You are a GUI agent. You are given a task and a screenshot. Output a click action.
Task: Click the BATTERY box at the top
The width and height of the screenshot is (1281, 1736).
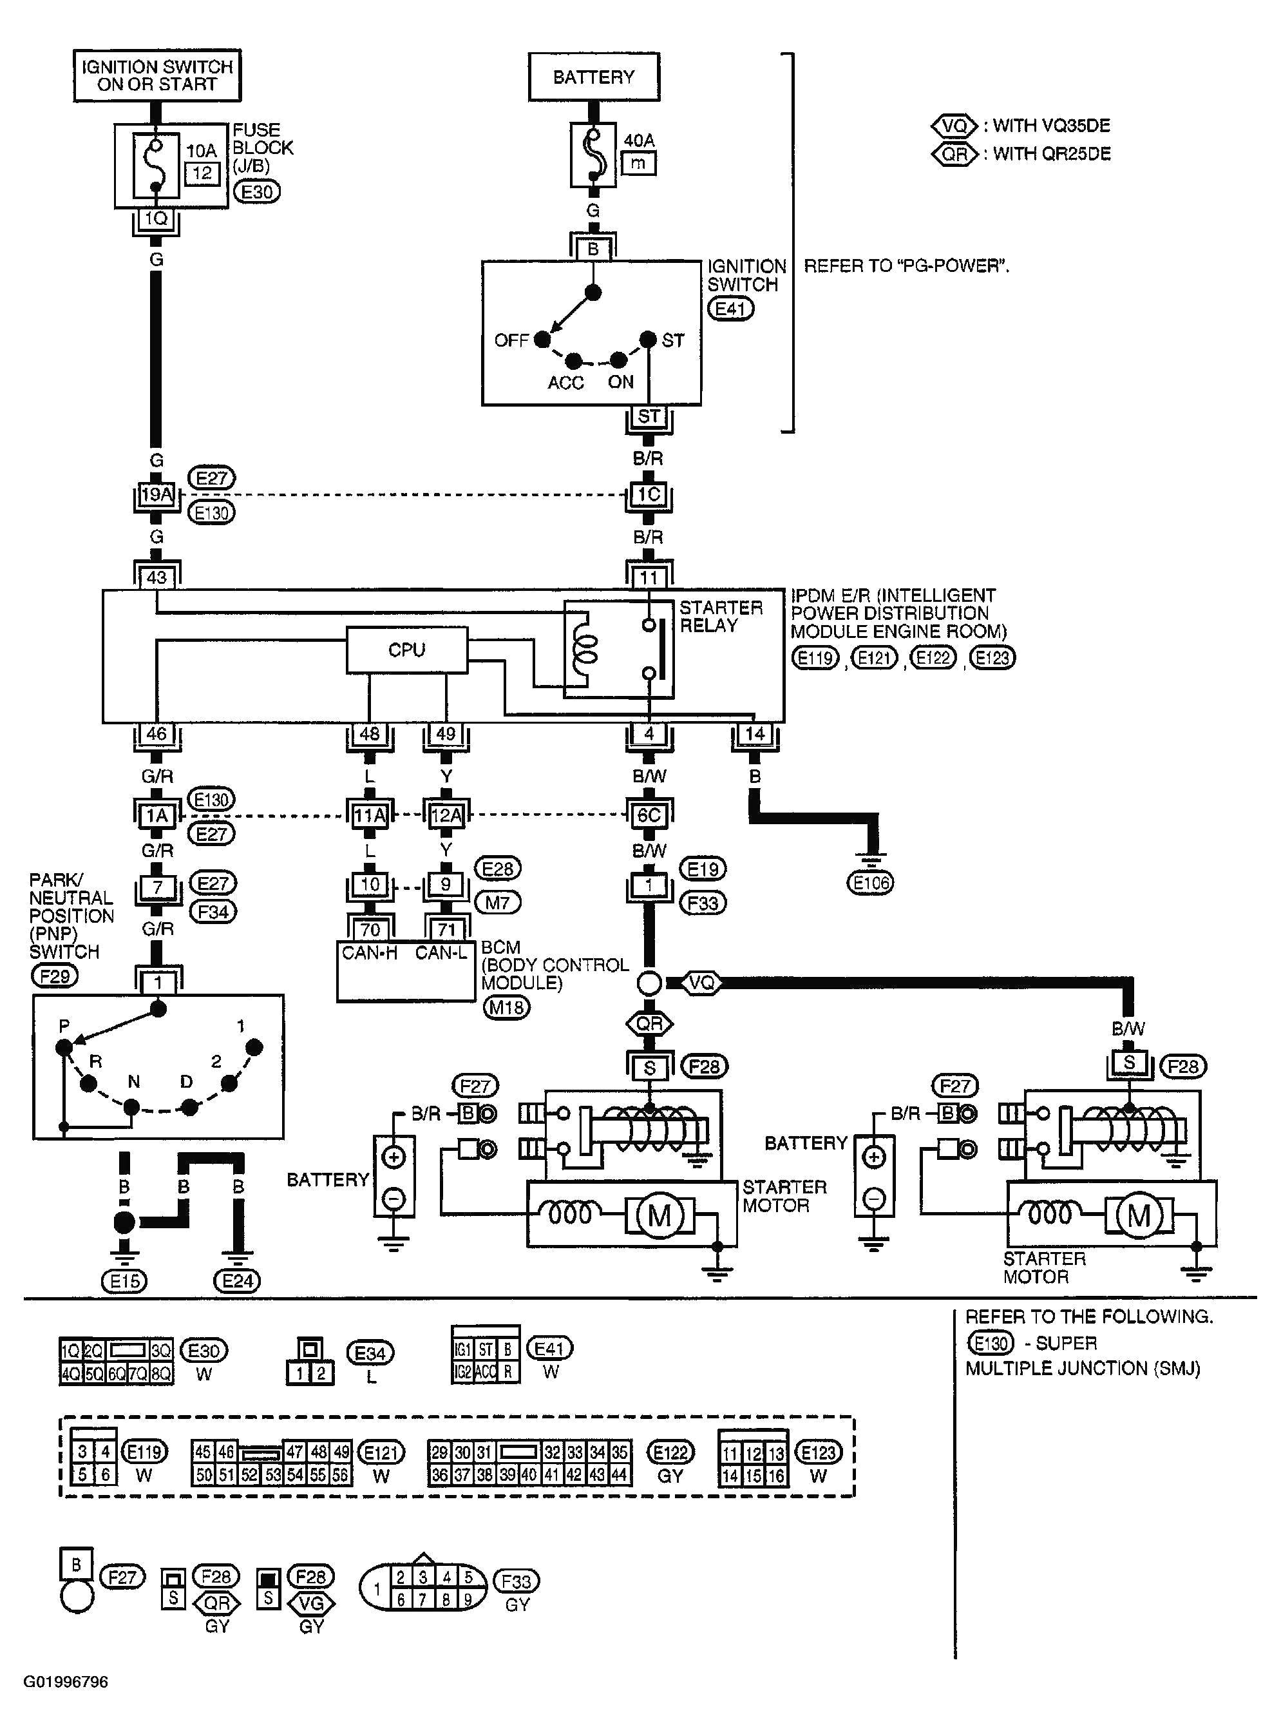coord(593,77)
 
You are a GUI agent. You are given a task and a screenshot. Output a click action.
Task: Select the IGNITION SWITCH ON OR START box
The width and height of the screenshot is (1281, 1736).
coord(157,76)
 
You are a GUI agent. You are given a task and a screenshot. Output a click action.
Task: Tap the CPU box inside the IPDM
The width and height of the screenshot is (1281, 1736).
coord(406,650)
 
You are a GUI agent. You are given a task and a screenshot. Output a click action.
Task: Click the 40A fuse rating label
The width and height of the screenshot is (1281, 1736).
coord(639,140)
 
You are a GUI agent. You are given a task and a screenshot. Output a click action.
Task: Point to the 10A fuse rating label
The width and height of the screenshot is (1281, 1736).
coord(202,151)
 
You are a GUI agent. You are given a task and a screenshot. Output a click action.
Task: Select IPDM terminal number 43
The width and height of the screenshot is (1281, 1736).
coord(157,577)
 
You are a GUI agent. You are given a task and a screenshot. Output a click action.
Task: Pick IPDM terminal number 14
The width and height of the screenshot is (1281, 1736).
coord(754,734)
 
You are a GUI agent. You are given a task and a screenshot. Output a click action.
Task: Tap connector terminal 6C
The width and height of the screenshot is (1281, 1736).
coord(649,815)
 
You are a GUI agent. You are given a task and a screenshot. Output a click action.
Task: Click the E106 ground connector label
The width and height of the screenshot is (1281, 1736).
coord(870,882)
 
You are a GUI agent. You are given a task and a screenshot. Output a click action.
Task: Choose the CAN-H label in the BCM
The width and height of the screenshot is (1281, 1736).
coord(369,952)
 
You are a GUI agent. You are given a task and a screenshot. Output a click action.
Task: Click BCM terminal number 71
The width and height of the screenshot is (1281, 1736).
coord(446,929)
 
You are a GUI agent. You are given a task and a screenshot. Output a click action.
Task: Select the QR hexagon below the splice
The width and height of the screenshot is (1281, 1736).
coord(649,1024)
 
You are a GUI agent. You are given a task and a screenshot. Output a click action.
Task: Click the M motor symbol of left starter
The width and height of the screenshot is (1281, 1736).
coord(658,1215)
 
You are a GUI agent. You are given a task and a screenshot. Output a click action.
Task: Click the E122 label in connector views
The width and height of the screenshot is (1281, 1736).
coord(670,1452)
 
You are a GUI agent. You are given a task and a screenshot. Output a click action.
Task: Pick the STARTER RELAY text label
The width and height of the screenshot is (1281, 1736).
coord(721,617)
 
